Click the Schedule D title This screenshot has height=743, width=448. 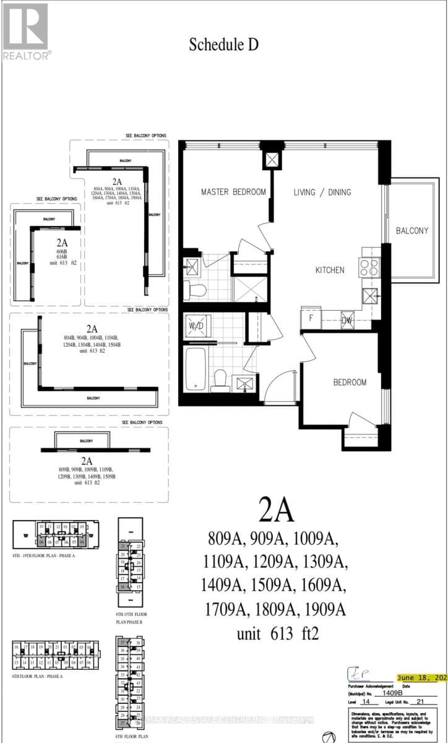[x=223, y=44]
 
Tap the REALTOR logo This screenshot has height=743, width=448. [x=25, y=32]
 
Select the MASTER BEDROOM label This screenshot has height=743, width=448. [x=233, y=192]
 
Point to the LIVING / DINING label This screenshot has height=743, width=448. [x=322, y=192]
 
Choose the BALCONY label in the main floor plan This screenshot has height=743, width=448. [x=412, y=230]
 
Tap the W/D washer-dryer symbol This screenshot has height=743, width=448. [x=197, y=326]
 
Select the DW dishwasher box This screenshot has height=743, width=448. [x=348, y=320]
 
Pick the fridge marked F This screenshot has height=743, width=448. [x=311, y=320]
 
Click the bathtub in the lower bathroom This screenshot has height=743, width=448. [x=196, y=369]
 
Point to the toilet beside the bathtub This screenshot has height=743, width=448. [x=220, y=381]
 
